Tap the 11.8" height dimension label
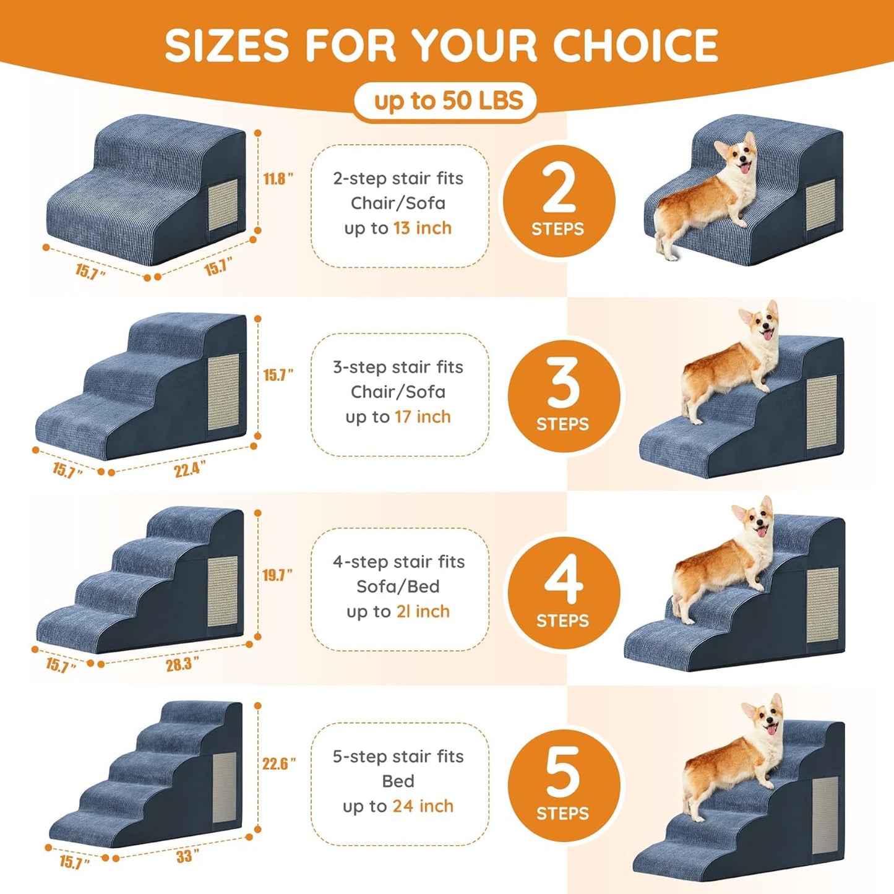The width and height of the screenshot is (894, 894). tap(277, 179)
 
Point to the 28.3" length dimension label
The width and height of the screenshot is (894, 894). tap(182, 664)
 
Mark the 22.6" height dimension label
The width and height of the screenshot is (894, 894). tap(278, 763)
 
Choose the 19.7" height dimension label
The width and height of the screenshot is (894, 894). tap(277, 575)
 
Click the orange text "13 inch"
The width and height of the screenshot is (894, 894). tap(422, 228)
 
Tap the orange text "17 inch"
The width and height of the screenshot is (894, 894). tap(423, 417)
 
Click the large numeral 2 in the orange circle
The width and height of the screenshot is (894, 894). tap(558, 189)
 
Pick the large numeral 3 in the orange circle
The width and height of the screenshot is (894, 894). tap(562, 384)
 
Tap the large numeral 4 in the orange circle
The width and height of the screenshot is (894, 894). tap(563, 579)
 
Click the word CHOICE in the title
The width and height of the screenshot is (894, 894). tap(635, 45)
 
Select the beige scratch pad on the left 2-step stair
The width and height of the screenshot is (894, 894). tap(223, 205)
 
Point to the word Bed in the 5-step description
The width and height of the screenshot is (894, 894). tap(398, 781)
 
